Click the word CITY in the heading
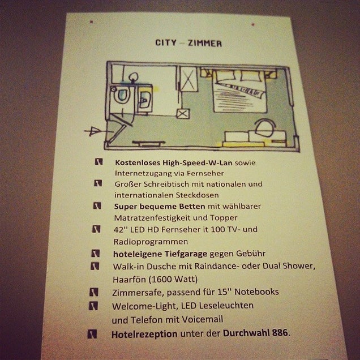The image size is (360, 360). [x=166, y=42]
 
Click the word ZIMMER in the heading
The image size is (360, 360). [x=205, y=44]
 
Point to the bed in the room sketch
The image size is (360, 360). [x=240, y=91]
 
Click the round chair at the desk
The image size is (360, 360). [x=264, y=128]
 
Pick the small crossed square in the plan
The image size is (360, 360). [x=183, y=114]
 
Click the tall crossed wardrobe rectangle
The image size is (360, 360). [x=188, y=79]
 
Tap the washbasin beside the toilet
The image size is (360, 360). [x=145, y=99]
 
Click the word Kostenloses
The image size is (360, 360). [x=138, y=163]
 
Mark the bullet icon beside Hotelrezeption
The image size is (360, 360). [x=92, y=334]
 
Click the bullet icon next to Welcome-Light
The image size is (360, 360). [x=93, y=306]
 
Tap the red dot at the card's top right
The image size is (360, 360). [x=253, y=24]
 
